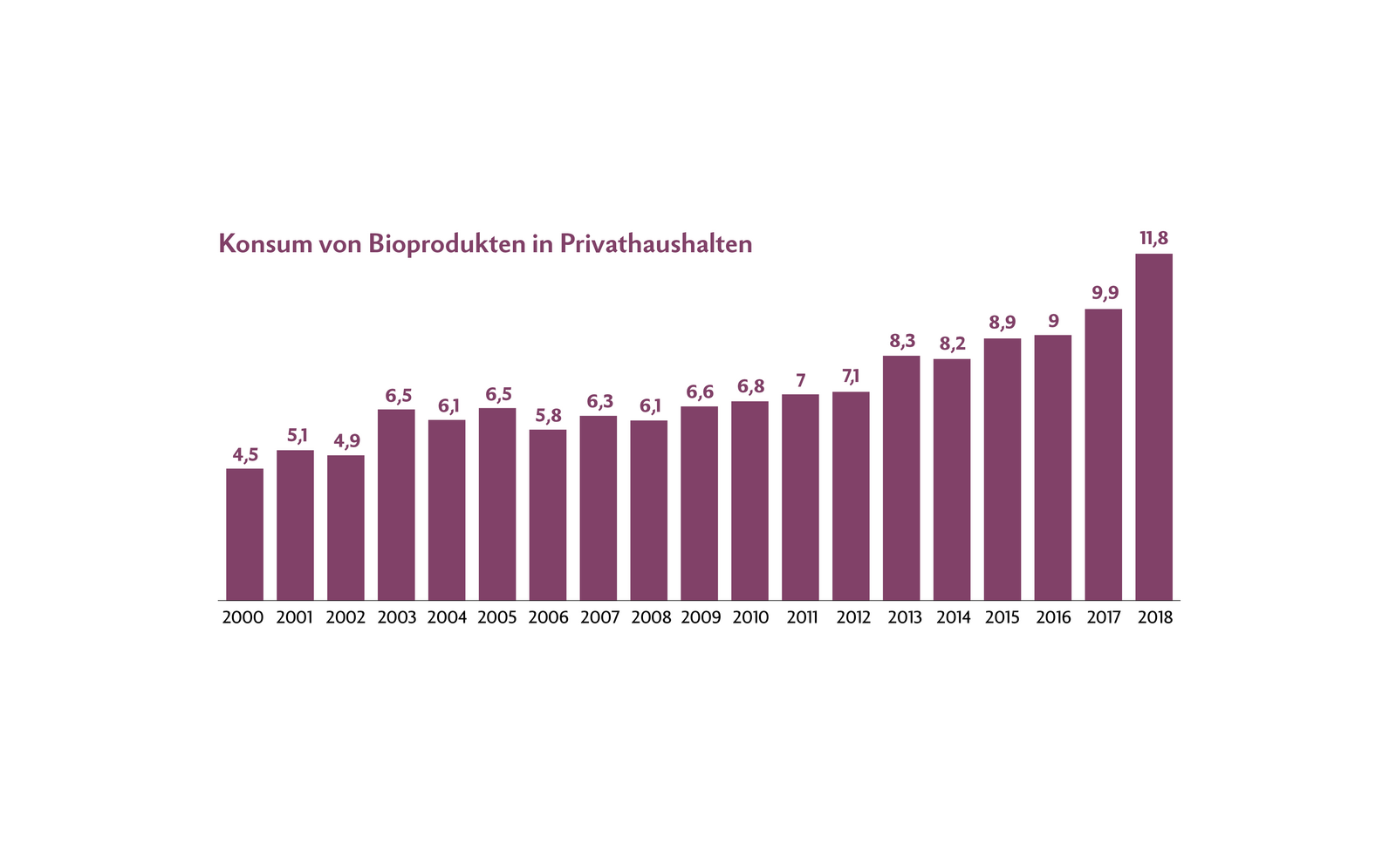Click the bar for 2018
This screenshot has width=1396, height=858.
pos(1153,427)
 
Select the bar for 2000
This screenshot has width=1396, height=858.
pos(244,535)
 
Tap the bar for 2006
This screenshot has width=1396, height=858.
pos(547,514)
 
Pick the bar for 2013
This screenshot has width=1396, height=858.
pos(901,478)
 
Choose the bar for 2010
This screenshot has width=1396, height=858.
pos(749,500)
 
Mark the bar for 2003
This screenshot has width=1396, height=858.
pos(396,505)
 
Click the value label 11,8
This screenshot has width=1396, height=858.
pos(1153,238)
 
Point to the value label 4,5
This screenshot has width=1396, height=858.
pos(245,454)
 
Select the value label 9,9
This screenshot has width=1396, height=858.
pos(1105,293)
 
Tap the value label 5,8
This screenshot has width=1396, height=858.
pos(548,415)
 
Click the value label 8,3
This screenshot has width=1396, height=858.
pos(902,341)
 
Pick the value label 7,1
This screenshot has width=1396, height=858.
pos(851,377)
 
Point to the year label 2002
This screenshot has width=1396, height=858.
pos(346,618)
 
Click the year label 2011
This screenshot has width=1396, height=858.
pos(801,618)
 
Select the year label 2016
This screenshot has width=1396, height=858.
pos(1053,618)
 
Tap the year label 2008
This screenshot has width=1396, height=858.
pos(650,618)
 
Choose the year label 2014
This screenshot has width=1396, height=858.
pos(953,618)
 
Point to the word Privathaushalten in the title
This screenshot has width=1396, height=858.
pos(655,243)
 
